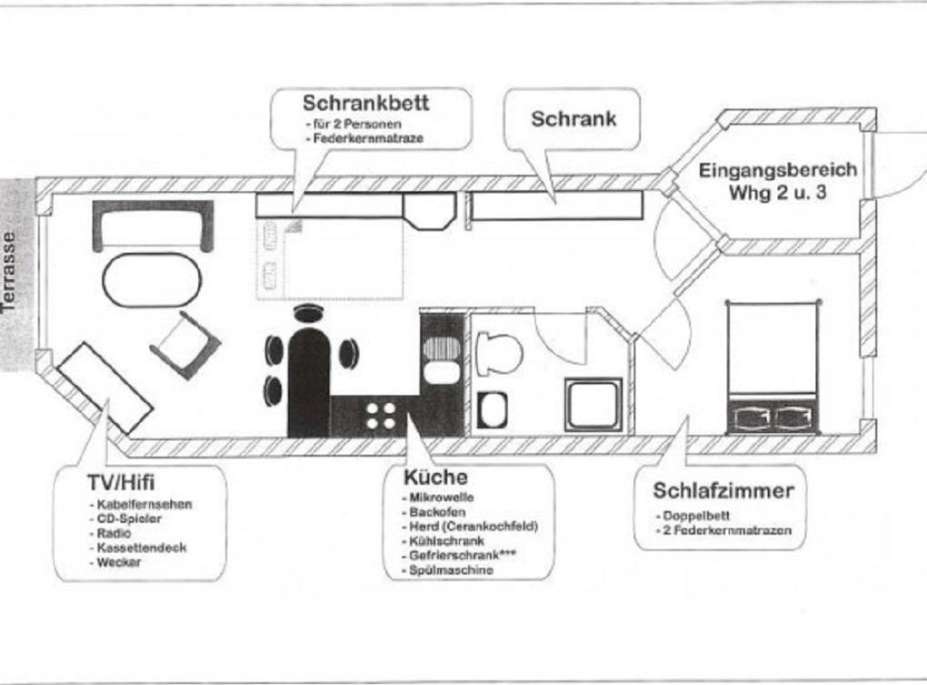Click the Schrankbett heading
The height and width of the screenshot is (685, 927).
tap(366, 103)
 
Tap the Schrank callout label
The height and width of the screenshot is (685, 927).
tap(573, 119)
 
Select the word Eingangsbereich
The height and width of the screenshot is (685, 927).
tap(778, 170)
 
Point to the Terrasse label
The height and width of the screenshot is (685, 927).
tap(9, 271)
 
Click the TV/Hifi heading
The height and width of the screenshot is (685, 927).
tap(121, 483)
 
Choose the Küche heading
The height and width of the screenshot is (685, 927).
tap(435, 477)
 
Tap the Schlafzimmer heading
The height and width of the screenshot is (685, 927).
tap(723, 490)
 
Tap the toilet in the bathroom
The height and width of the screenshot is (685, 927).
tap(499, 353)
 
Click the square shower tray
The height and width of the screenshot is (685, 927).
tap(593, 404)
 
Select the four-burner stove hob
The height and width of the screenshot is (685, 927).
tap(381, 416)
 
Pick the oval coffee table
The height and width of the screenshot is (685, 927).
tap(152, 280)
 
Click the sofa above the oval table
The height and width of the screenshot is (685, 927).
tap(153, 226)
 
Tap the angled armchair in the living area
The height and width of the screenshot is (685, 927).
tap(185, 344)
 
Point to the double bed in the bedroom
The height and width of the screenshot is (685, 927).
tap(772, 368)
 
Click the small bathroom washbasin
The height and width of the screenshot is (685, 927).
tap(492, 409)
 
